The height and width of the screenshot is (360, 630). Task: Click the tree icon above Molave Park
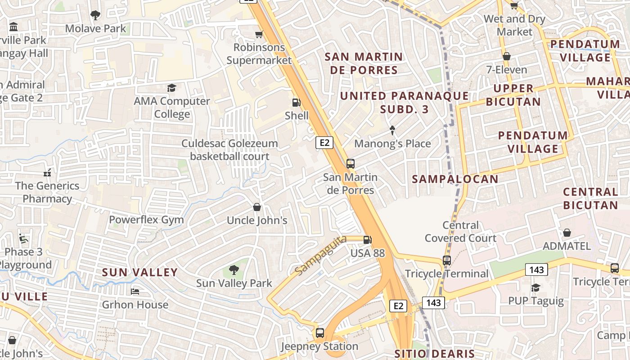95,15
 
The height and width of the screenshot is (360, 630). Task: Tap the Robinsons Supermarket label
259,54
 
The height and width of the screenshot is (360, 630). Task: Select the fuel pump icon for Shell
296,103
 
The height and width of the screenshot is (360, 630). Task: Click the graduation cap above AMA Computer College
171,88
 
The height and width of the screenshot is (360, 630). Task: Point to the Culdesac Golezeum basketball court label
229,150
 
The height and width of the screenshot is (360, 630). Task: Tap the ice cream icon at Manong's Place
392,130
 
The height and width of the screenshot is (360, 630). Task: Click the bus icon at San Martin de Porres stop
351,164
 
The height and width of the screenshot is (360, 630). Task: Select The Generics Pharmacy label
47,192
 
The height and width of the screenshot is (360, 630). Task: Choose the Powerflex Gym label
146,220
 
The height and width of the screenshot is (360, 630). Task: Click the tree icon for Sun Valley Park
234,270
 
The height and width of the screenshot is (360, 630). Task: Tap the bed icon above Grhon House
135,292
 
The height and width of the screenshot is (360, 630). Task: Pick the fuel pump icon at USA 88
368,240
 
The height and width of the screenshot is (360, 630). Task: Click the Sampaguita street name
321,255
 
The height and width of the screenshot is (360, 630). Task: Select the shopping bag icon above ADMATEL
567,233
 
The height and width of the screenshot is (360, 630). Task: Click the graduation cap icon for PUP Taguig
535,288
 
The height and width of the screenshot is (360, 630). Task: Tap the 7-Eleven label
506,70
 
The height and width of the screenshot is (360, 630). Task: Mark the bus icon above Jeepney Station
319,333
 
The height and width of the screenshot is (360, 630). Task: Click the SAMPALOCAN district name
455,179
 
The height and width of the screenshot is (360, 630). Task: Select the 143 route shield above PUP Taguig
536,270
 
